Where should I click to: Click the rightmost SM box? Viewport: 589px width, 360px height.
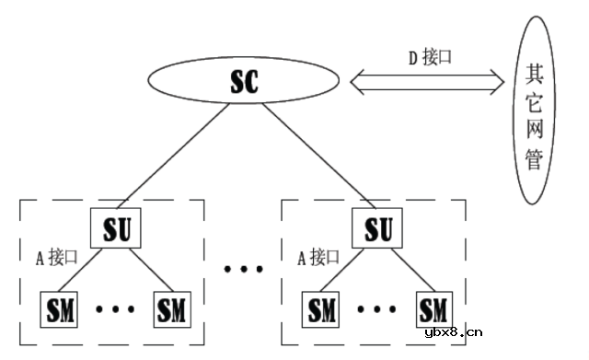point(434,308)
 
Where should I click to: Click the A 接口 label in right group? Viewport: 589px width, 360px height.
point(314,255)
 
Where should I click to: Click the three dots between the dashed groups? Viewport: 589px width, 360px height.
point(243,269)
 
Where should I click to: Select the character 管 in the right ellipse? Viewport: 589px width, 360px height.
point(534,158)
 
